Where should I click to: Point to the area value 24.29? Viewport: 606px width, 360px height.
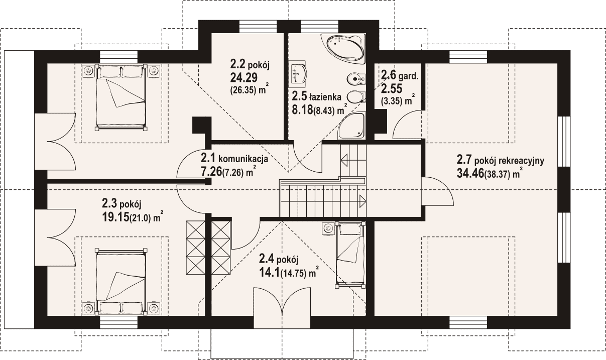(x=244, y=78)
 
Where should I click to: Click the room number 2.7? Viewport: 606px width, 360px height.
(x=464, y=160)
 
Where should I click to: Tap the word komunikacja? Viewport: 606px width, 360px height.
(x=243, y=159)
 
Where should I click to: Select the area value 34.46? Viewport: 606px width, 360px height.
(x=470, y=174)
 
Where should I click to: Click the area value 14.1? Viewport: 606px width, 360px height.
(x=270, y=272)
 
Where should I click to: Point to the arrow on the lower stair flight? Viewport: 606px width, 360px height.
(x=362, y=201)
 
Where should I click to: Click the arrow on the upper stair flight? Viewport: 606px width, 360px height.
(x=344, y=160)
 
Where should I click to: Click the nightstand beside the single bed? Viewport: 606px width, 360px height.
(x=328, y=228)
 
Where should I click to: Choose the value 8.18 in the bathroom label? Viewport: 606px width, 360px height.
(x=302, y=110)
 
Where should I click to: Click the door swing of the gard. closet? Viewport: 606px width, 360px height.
(x=401, y=119)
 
